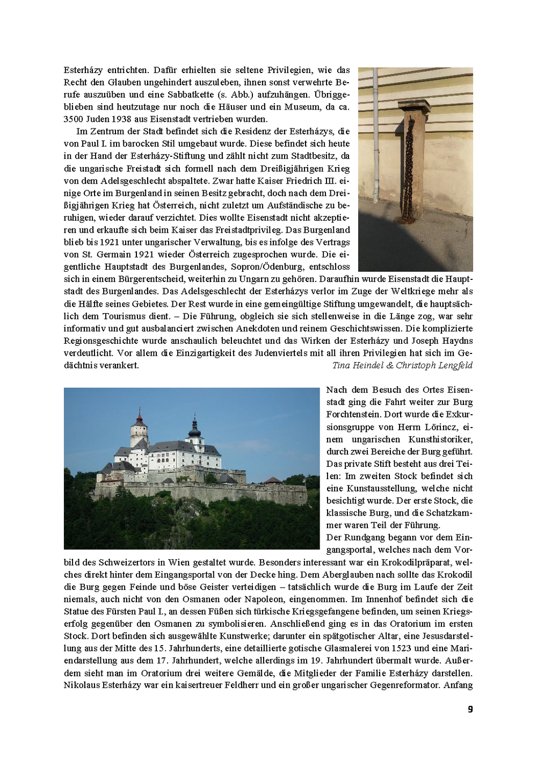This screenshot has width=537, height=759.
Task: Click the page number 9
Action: (470, 709)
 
